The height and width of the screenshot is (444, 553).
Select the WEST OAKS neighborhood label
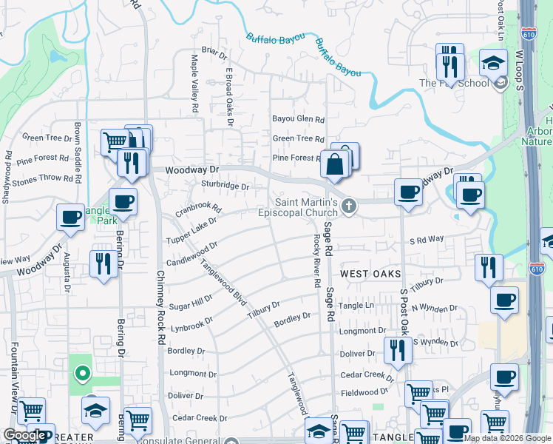click(364, 274)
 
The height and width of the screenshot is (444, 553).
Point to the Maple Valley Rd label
click(196, 84)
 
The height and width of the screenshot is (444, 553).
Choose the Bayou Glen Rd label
click(298, 119)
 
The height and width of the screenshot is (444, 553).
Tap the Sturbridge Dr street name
click(225, 186)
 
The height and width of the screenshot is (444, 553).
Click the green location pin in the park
click(82, 373)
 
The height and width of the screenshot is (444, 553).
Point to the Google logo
click(24, 435)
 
